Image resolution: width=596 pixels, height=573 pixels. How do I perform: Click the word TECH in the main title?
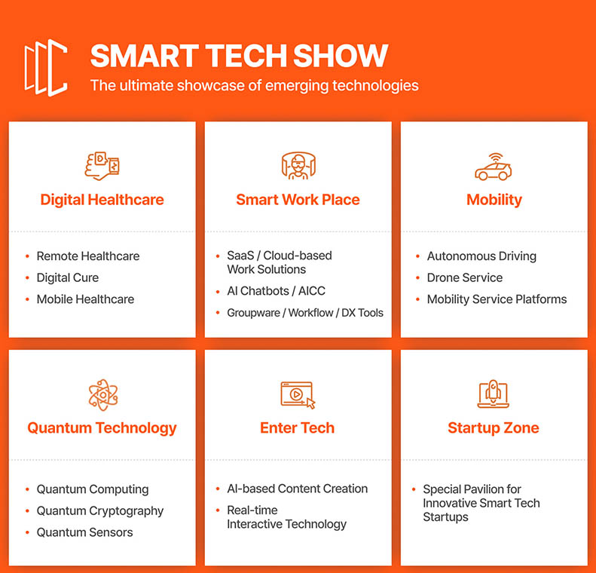tap(246, 56)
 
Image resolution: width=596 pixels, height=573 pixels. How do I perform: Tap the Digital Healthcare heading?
tap(102, 200)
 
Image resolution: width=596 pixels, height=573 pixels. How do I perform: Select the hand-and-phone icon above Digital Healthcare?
tap(102, 166)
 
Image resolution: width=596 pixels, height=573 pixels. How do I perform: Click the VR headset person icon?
tap(298, 165)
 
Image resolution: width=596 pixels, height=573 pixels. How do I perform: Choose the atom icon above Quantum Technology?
tap(103, 395)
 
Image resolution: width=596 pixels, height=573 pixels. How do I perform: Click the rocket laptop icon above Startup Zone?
tap(494, 394)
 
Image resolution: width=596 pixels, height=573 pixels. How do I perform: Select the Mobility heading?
tap(494, 200)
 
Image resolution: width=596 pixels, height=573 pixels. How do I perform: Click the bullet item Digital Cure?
tap(68, 278)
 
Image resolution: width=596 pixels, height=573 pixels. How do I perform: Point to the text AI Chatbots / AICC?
tap(277, 291)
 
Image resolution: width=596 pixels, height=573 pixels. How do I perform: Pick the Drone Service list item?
tap(464, 278)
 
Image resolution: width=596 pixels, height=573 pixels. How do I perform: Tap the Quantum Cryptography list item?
tap(100, 511)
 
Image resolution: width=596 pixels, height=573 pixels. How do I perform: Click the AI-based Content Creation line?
tap(297, 489)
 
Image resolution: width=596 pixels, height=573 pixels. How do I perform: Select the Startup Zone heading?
tap(494, 428)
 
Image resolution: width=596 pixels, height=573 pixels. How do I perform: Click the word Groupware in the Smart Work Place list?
tap(253, 313)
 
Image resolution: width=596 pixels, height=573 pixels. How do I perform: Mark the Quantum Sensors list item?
tap(84, 532)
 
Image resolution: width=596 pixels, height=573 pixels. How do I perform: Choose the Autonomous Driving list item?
tap(481, 256)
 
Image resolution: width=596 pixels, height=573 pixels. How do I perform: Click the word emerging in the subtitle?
tap(297, 86)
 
